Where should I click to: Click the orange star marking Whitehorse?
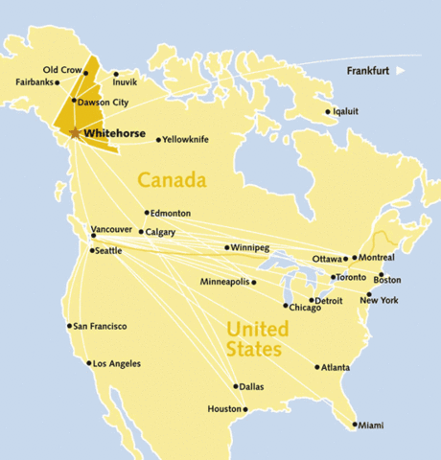pyautogui.click(x=75, y=133)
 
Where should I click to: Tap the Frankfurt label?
pyautogui.click(x=369, y=71)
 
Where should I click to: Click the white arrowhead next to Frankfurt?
pyautogui.click(x=402, y=71)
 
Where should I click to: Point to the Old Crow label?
pyautogui.click(x=62, y=69)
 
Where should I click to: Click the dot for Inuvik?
pyautogui.click(x=116, y=74)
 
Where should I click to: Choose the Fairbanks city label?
pyautogui.click(x=35, y=82)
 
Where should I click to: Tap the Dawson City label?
pyautogui.click(x=103, y=102)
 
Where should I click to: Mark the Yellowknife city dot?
pyautogui.click(x=158, y=140)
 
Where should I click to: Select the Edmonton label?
pyautogui.click(x=171, y=213)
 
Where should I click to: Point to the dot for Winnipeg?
pyautogui.click(x=226, y=248)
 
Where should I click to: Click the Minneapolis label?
pyautogui.click(x=225, y=283)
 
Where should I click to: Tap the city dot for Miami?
pyautogui.click(x=355, y=425)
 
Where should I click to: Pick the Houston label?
pyautogui.click(x=224, y=409)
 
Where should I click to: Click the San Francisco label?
pyautogui.click(x=101, y=326)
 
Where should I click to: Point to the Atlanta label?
pyautogui.click(x=336, y=367)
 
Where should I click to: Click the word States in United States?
pyautogui.click(x=254, y=350)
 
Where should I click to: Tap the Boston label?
pyautogui.click(x=387, y=280)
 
